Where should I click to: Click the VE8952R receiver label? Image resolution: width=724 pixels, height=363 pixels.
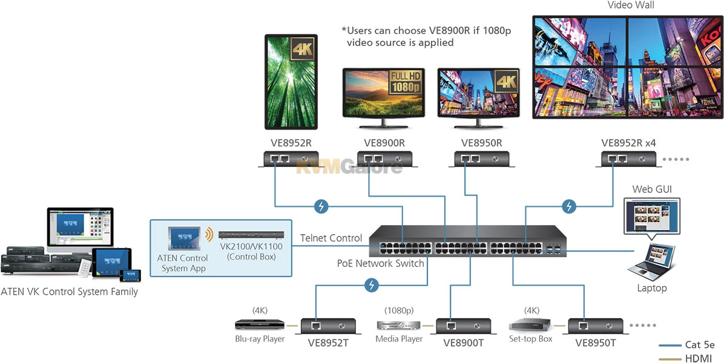coord(291,143)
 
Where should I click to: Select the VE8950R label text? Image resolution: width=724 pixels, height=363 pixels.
coord(481,143)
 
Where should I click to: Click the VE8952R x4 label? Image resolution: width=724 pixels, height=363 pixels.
coord(628,143)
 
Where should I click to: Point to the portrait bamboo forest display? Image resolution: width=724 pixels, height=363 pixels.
coord(291,82)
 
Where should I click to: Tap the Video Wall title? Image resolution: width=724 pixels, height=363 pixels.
coord(631,5)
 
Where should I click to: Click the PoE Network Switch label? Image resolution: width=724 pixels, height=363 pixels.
coord(380,263)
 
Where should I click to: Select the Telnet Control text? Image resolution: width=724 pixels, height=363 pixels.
coord(331,238)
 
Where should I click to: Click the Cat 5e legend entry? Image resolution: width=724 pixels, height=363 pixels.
coord(699,345)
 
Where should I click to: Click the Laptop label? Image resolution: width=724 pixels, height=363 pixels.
coord(651,288)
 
